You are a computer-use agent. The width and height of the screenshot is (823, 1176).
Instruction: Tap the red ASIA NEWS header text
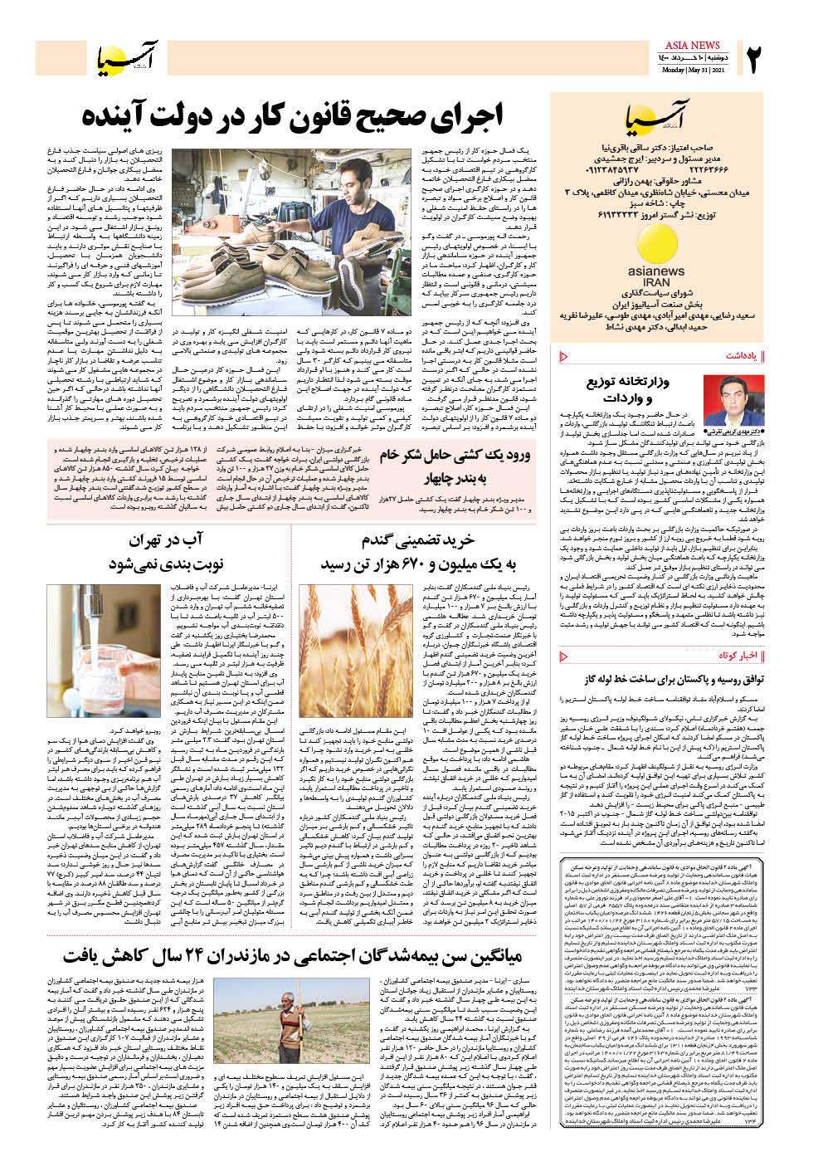(693, 45)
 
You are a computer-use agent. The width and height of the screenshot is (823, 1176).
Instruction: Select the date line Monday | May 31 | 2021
(693, 70)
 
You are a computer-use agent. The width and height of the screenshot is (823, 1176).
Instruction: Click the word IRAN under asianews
(656, 282)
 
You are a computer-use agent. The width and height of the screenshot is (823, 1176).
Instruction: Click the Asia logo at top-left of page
(124, 57)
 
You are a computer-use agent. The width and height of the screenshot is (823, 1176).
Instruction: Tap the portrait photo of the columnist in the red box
(722, 401)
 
